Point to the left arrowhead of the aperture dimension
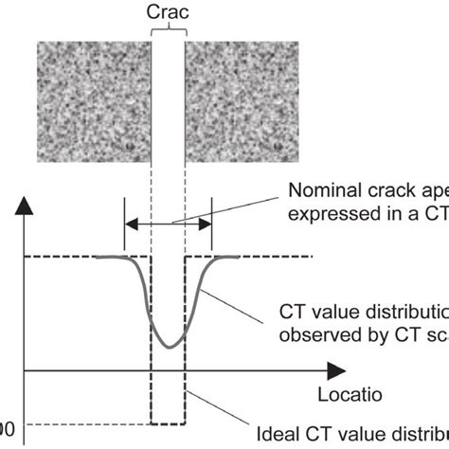pos(132,224)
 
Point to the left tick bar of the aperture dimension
pos(125,224)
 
